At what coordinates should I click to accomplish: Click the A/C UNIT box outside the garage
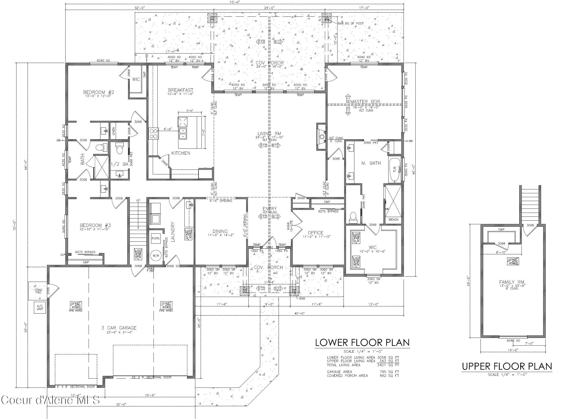(40, 307)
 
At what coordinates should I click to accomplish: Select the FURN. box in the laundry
(156, 238)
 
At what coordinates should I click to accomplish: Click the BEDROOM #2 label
(99, 92)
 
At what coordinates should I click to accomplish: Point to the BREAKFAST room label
(181, 90)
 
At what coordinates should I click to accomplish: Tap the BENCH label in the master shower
(393, 219)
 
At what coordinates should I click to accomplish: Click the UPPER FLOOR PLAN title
(507, 366)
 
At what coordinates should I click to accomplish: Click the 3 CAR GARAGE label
(119, 328)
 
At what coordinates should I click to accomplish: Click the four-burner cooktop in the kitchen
(153, 133)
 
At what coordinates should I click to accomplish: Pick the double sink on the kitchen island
(183, 133)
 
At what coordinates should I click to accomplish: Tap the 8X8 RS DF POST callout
(351, 23)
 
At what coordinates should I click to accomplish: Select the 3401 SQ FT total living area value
(388, 365)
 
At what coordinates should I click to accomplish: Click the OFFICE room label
(315, 232)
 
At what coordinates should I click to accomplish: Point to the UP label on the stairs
(138, 200)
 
